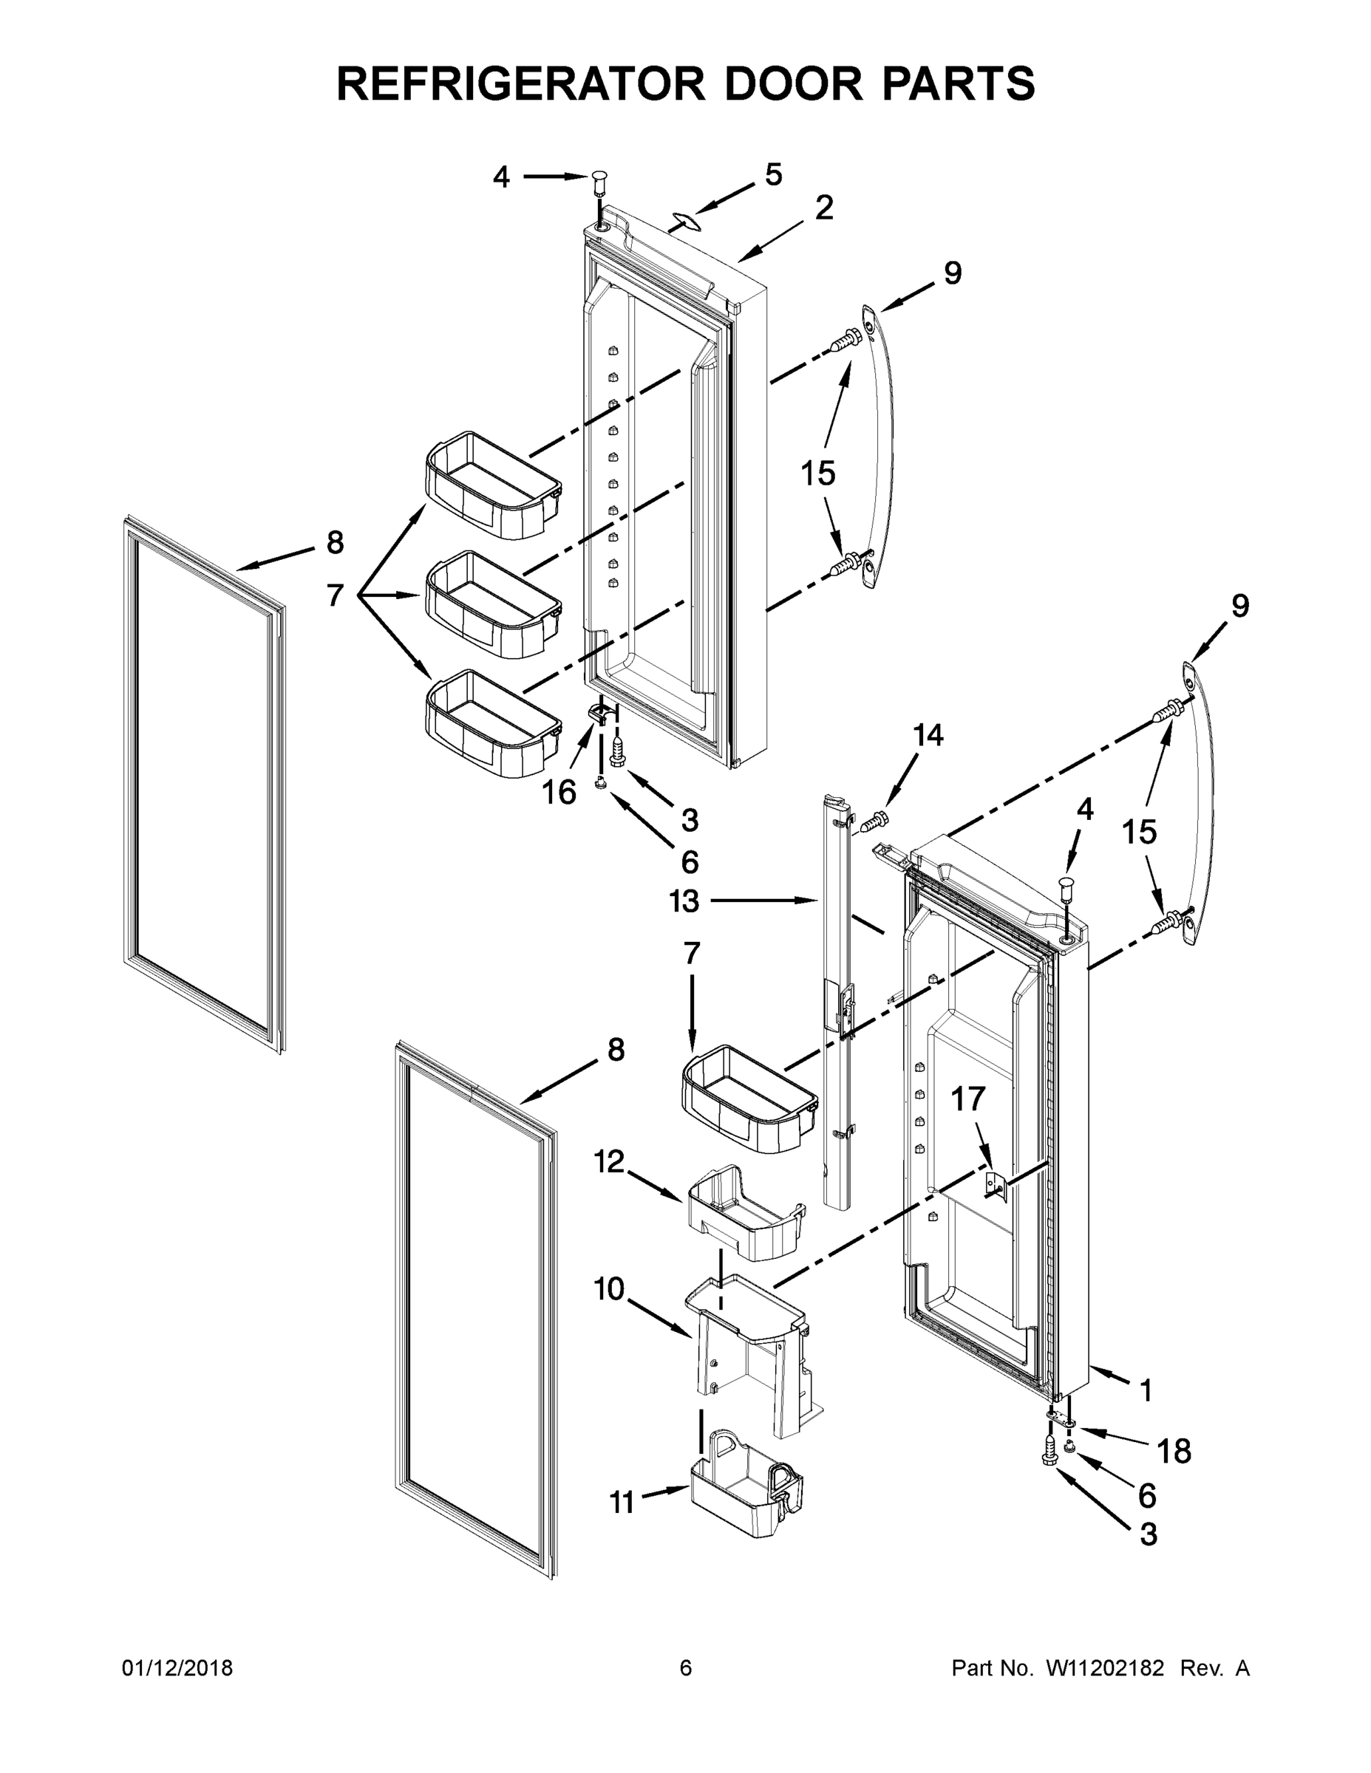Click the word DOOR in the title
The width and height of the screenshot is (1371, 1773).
[772, 83]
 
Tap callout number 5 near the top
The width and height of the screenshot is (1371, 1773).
[773, 174]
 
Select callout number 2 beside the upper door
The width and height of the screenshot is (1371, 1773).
[823, 208]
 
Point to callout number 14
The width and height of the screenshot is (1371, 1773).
[928, 736]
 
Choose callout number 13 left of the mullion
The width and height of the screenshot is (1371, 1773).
[684, 901]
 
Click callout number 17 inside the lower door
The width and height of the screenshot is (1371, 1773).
[967, 1099]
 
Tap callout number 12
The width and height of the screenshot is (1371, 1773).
[609, 1163]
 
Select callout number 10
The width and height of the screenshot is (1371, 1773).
[609, 1288]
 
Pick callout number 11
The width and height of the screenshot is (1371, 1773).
[622, 1503]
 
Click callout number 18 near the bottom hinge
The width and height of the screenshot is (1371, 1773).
[1174, 1451]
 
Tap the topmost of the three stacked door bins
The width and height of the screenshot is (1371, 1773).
[492, 485]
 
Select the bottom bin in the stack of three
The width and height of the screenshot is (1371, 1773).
[492, 724]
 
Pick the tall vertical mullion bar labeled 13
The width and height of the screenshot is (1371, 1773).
[836, 1007]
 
